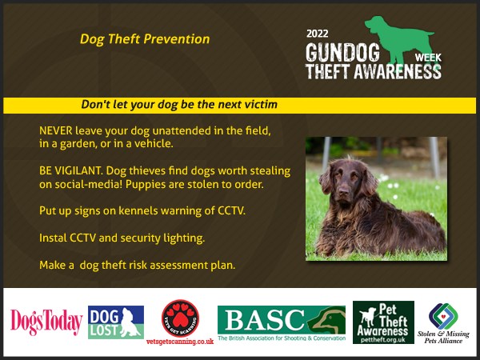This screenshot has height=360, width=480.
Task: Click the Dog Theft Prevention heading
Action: click(145, 39)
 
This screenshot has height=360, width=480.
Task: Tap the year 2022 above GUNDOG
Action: click(317, 34)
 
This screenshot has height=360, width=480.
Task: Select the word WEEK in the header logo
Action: click(428, 58)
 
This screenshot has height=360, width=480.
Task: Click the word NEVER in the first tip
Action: click(56, 130)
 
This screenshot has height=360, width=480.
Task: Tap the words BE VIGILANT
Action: click(70, 170)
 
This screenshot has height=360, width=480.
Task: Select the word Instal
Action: click(53, 238)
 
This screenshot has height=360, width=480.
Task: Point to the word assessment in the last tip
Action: click(174, 265)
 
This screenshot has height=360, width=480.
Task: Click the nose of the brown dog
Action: click(343, 192)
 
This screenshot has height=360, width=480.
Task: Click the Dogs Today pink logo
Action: click(46, 322)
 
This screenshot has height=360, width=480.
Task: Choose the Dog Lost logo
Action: click(116, 322)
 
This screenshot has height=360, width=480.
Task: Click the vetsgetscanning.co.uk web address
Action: click(180, 342)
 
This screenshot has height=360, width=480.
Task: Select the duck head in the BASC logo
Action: click(326, 319)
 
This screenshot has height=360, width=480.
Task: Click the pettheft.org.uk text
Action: click(383, 339)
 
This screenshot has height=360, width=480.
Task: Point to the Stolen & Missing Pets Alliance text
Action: click(443, 337)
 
